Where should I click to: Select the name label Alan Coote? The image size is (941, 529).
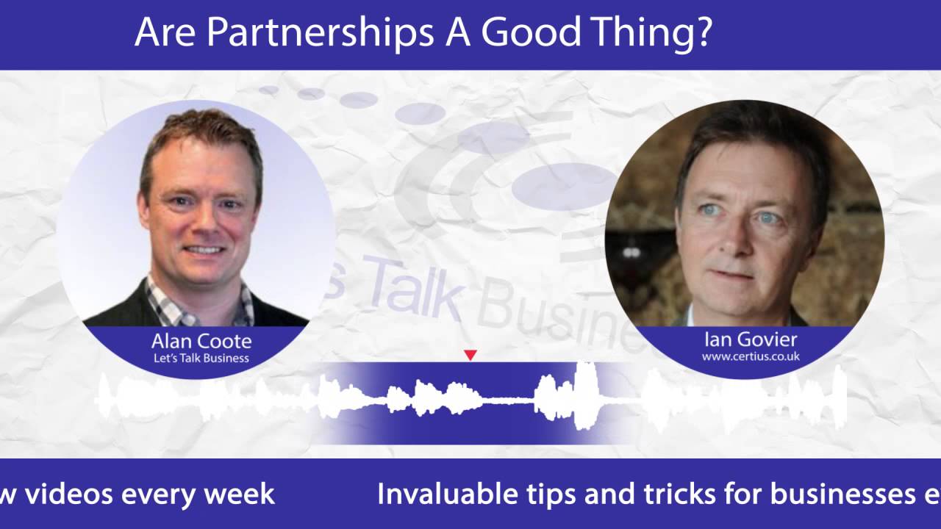tap(201, 341)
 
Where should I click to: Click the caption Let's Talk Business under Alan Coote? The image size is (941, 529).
tap(201, 359)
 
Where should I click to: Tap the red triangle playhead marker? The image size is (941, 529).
tap(470, 356)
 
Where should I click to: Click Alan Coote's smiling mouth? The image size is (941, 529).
tap(204, 250)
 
